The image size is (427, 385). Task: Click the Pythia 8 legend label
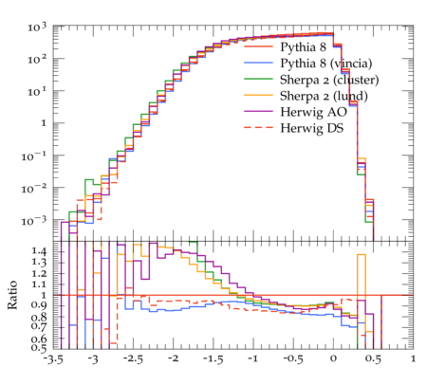click(303, 47)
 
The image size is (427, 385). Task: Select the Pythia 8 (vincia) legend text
click(326, 64)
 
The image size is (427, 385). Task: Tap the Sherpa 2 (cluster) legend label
click(329, 80)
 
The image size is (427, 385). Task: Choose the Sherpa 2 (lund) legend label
click(324, 96)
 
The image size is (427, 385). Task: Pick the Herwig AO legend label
click(313, 112)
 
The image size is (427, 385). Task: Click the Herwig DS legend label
click(312, 128)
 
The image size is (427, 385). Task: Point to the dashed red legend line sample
click(258, 127)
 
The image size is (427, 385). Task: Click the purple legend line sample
click(258, 111)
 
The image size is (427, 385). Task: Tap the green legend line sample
click(258, 79)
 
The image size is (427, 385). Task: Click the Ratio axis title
click(12, 295)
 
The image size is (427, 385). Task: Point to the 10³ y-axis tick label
click(37, 27)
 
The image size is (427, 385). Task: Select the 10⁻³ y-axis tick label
click(34, 221)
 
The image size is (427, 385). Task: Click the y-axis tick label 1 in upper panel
click(44, 123)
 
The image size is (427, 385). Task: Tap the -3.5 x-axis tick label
click(53, 359)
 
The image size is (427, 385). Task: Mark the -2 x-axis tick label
click(173, 358)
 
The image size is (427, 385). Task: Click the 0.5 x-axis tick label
click(374, 359)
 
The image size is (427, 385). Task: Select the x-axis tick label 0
click(333, 359)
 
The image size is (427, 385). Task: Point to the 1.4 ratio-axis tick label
click(39, 252)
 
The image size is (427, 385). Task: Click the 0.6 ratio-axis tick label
click(39, 339)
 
